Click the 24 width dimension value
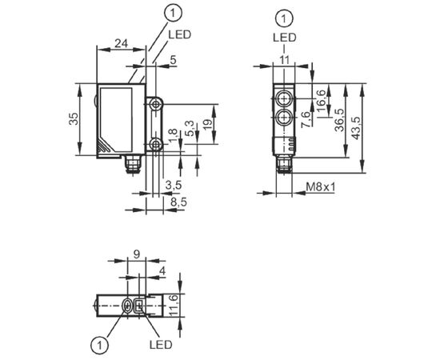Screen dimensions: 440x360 click(121, 44)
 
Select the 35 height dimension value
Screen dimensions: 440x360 click(74, 118)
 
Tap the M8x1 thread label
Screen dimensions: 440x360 click(321, 186)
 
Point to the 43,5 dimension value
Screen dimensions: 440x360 click(356, 128)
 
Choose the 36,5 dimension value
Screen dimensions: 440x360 click(339, 120)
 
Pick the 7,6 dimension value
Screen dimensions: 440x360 click(306, 120)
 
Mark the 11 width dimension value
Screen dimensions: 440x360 click(284, 60)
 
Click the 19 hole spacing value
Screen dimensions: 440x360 click(207, 125)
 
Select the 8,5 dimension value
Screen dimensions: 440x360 click(178, 202)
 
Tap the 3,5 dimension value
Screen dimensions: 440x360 click(174, 185)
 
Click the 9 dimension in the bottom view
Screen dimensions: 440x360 click(137, 254)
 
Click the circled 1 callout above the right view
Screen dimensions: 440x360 click(285, 19)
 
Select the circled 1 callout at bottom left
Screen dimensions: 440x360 click(99, 345)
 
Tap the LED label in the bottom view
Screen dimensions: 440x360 click(161, 345)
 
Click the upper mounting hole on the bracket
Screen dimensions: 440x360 click(155, 105)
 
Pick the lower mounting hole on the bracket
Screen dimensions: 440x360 click(155, 145)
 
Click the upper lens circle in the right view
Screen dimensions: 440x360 click(284, 98)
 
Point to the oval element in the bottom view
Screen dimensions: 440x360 click(127, 306)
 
